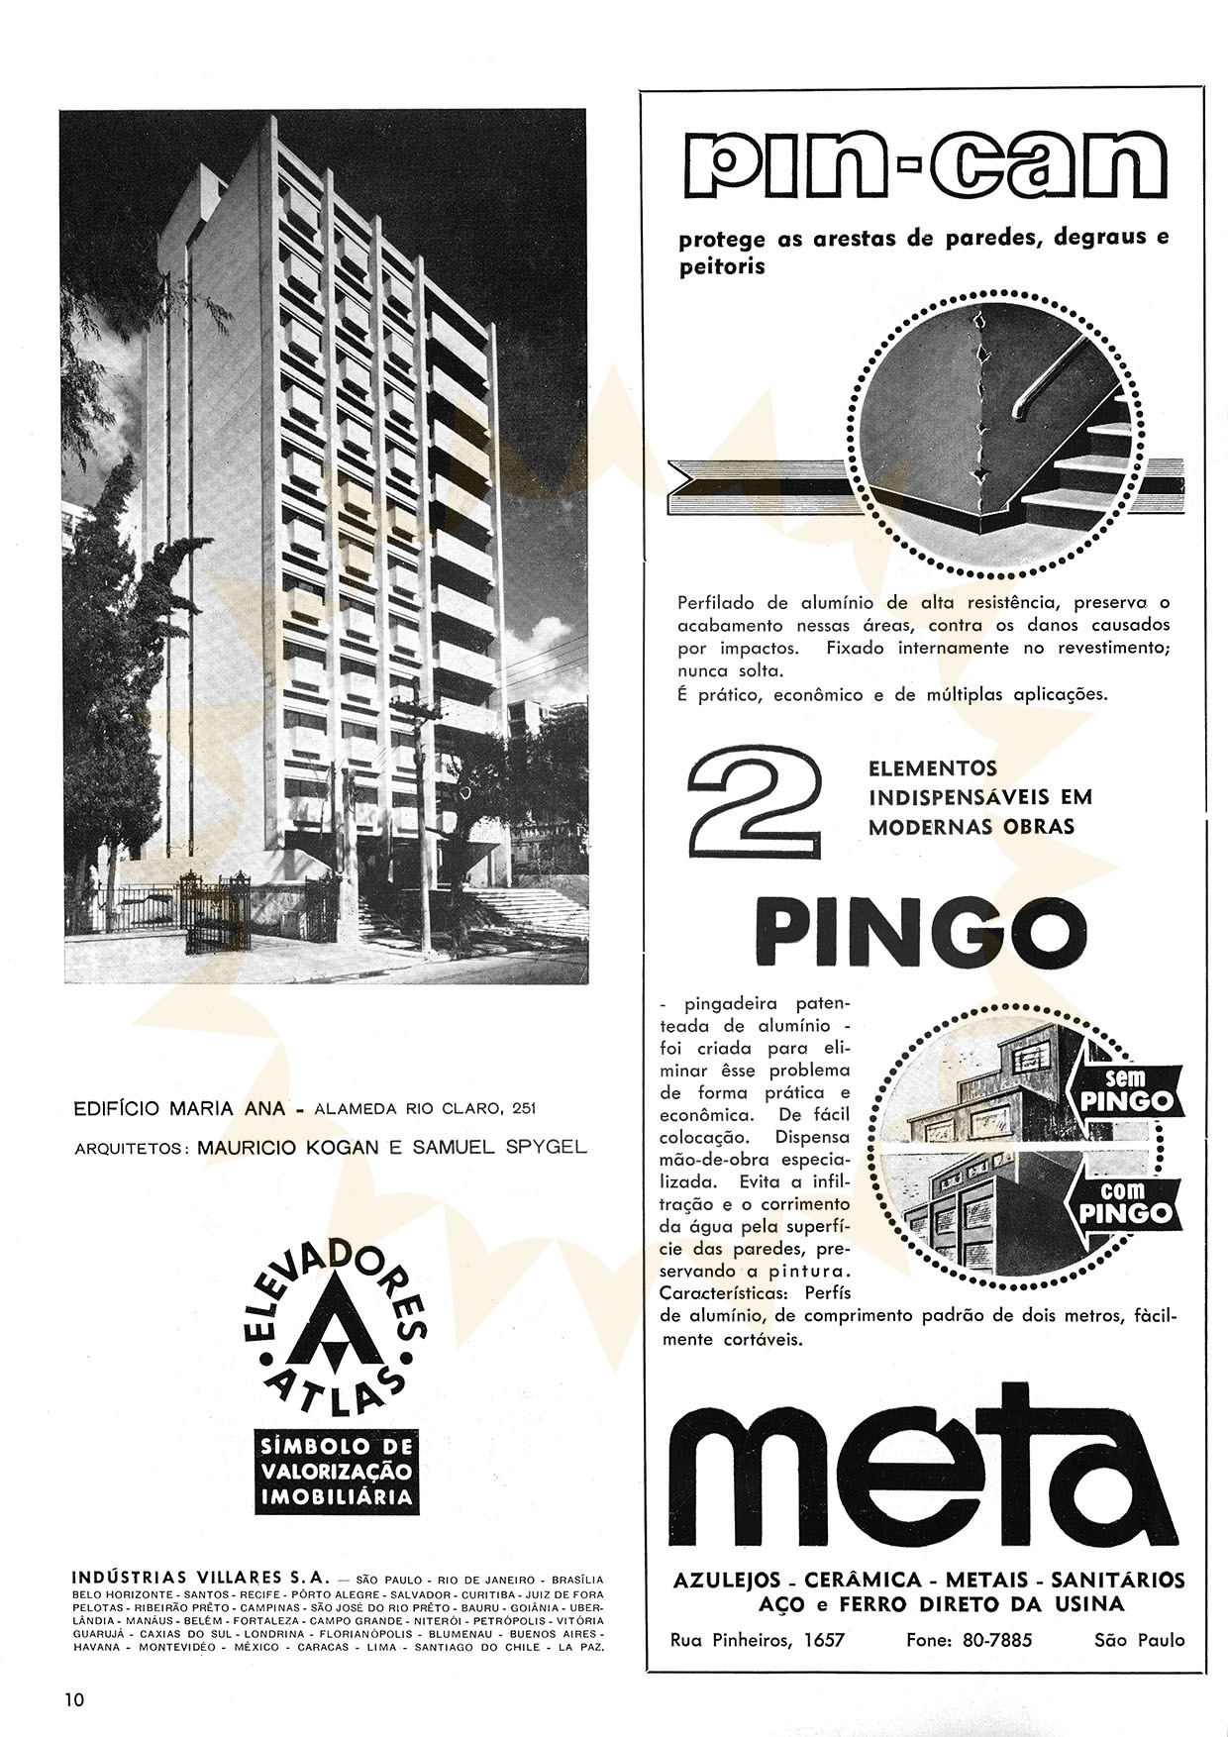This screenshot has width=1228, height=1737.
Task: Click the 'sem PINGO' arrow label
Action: pyautogui.click(x=1127, y=1089)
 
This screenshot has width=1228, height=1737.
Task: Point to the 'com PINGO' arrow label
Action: pyautogui.click(x=1127, y=1202)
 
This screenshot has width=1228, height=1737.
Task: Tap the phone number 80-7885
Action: pyautogui.click(x=969, y=1640)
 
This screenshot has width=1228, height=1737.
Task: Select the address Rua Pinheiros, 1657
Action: pyautogui.click(x=759, y=1640)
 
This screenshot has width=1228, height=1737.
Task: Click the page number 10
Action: pyautogui.click(x=75, y=1700)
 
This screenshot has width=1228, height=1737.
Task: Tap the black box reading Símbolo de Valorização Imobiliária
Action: pyautogui.click(x=335, y=1471)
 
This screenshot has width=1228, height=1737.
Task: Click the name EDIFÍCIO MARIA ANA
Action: pyautogui.click(x=180, y=1108)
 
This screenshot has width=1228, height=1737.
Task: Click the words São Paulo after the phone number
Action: pyautogui.click(x=1139, y=1640)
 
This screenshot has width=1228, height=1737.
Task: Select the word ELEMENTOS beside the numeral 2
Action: pyautogui.click(x=919, y=767)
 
